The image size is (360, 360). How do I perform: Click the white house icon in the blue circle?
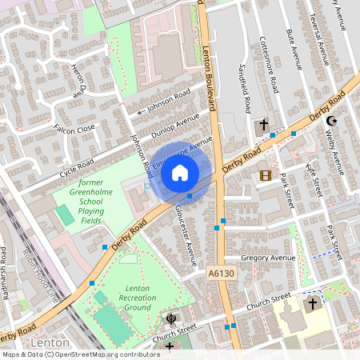[180, 172]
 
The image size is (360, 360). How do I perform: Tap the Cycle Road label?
[78, 164]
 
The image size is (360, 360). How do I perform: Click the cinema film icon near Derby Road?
[265, 175]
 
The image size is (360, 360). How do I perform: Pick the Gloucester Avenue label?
[190, 241]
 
